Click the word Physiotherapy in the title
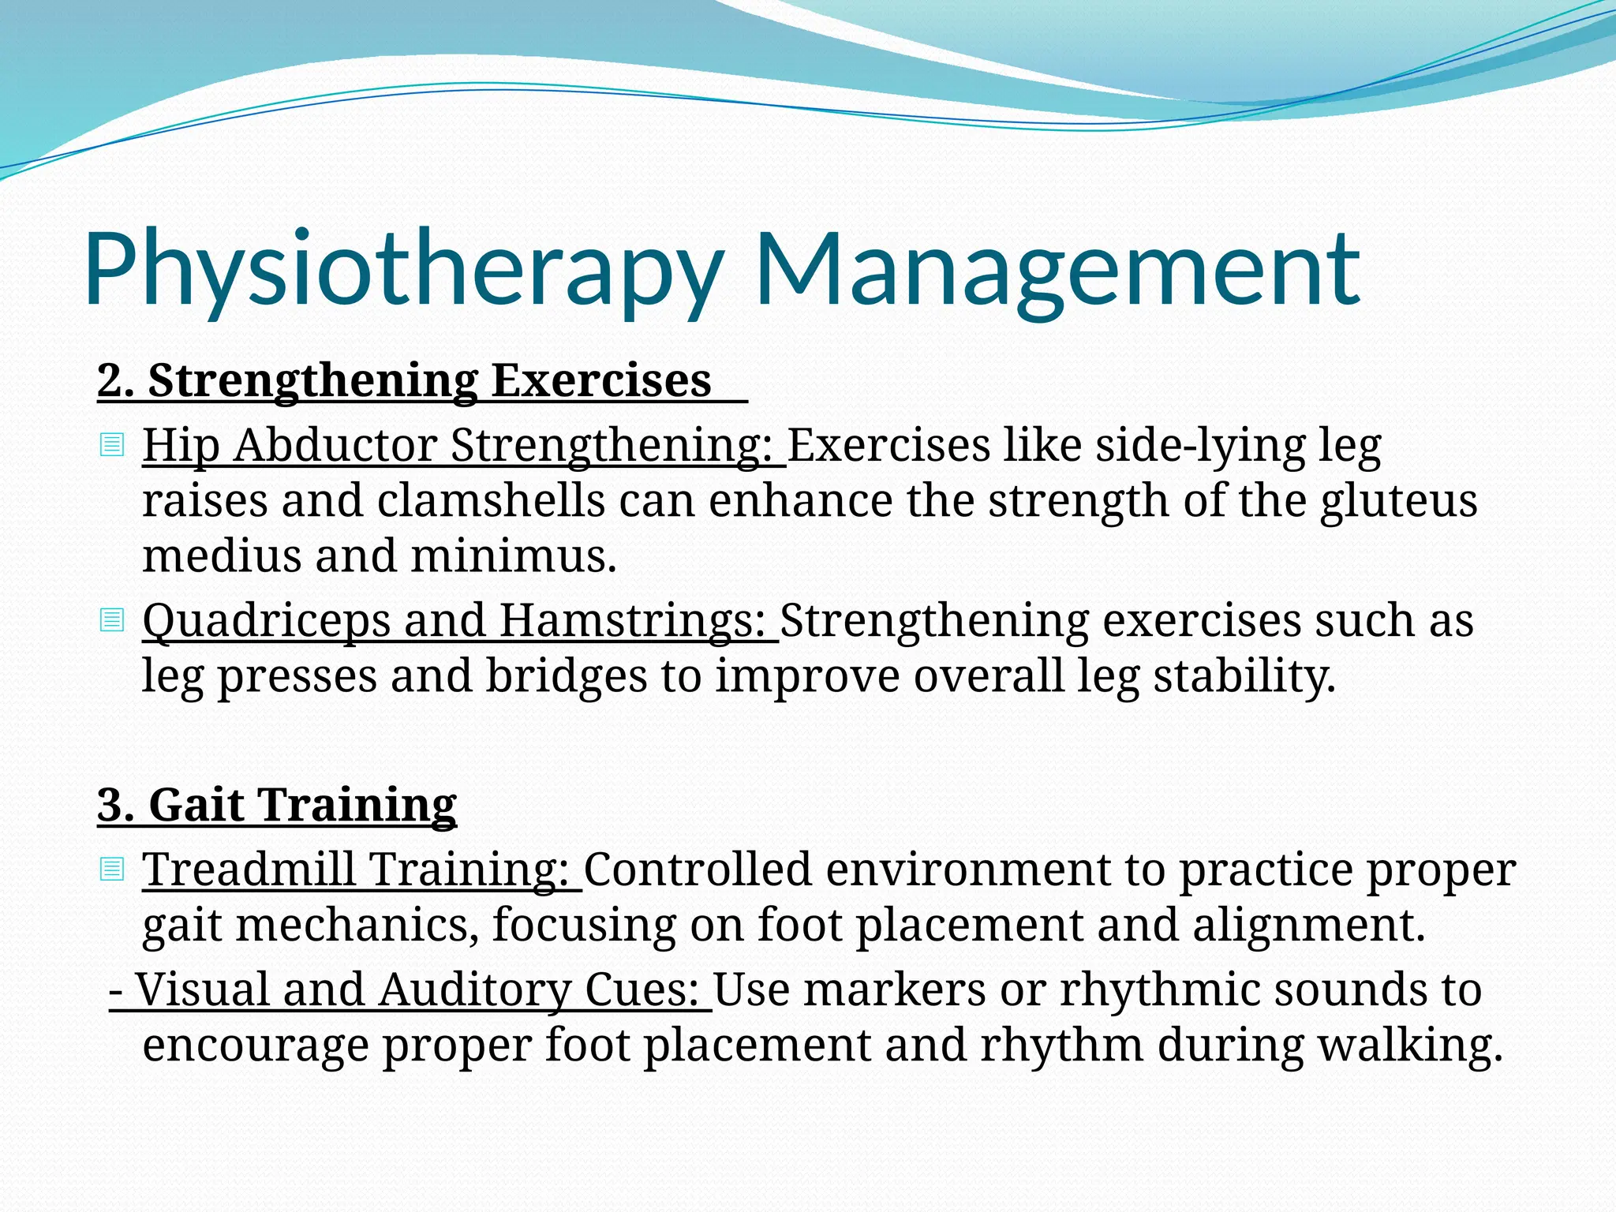click(x=402, y=270)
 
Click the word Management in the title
click(x=1057, y=270)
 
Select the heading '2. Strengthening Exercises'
click(x=404, y=380)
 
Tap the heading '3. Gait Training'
click(x=277, y=805)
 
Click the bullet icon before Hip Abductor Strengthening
click(x=112, y=446)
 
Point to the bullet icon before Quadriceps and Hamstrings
click(x=112, y=620)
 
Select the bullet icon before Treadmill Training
click(x=112, y=870)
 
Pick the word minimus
click(x=513, y=556)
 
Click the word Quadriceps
click(x=266, y=620)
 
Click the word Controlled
click(x=698, y=870)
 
